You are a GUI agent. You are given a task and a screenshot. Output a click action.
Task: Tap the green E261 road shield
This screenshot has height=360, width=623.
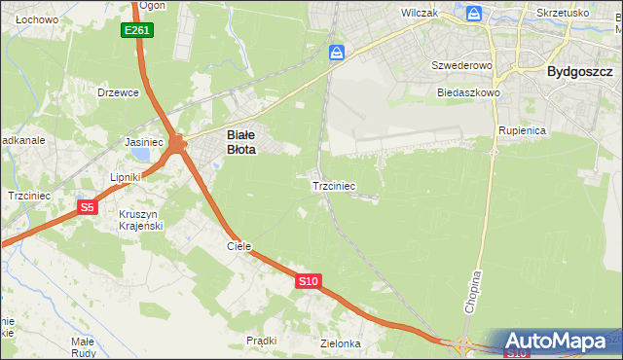pos(137,31)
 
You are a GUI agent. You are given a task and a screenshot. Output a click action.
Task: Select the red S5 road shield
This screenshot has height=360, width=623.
pos(88,206)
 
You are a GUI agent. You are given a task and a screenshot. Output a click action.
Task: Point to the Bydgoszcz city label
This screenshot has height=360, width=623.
pos(579,71)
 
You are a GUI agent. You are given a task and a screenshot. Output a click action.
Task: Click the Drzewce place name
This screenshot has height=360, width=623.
pos(119,92)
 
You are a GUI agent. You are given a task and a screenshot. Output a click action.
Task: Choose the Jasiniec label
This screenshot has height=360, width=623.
pos(144,142)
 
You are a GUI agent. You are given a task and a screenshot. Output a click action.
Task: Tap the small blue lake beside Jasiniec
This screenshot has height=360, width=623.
pos(143,154)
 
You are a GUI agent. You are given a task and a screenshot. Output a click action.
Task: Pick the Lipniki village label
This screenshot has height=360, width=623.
pos(127,177)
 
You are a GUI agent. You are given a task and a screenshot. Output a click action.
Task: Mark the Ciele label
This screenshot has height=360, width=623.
pos(239,246)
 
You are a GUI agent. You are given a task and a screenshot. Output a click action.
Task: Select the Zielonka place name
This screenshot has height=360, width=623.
pos(341,343)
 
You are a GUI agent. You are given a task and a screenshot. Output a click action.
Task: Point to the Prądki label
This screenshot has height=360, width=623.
pos(262,341)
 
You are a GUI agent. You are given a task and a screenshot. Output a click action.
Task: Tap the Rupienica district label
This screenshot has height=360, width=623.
pos(522,129)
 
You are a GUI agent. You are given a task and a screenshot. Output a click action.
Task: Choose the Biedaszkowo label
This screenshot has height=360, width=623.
pos(468,92)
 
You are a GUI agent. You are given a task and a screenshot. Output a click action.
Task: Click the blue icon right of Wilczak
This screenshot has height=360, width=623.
pos(474,14)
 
